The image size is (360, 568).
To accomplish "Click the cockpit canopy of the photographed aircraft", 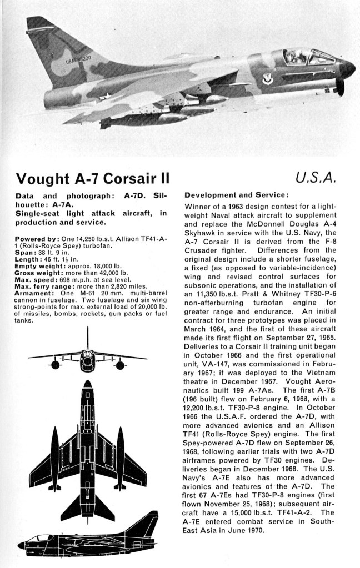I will tap(308, 56).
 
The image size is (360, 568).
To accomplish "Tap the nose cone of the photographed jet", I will tap(347, 68).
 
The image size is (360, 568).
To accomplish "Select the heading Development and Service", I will tap(237, 195).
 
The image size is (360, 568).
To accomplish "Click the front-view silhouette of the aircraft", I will tap(87, 358).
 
